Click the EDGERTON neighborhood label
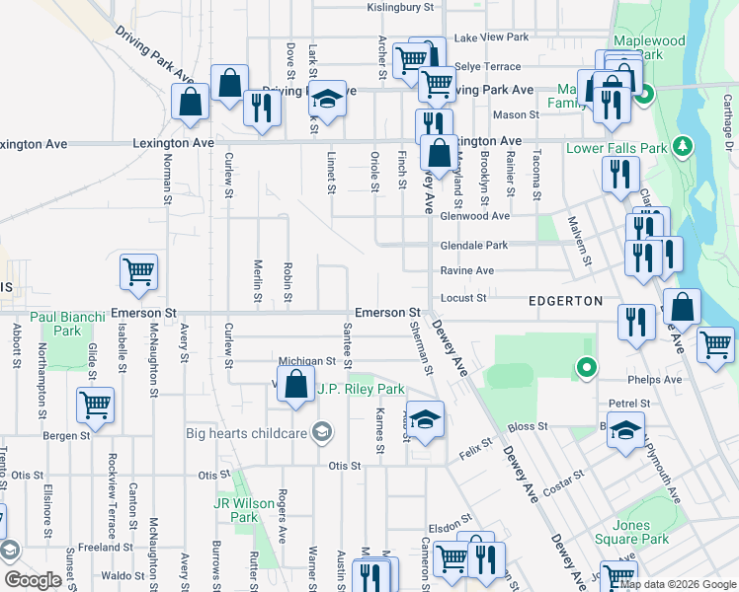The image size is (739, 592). point(565,300)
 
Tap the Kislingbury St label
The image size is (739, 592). point(401,7)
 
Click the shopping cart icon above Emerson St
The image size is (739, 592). point(138,272)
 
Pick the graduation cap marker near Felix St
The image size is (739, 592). point(426,419)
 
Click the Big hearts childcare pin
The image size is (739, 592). point(321,431)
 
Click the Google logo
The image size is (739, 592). point(34,580)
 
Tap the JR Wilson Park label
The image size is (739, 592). point(244,509)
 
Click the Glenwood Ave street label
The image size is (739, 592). point(475,216)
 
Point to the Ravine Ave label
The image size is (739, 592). point(469,270)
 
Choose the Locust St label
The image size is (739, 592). point(468,297)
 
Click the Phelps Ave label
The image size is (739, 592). point(656,379)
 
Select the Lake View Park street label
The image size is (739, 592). point(491,37)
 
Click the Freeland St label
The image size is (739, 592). point(107,547)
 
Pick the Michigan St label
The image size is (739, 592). point(301,362)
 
